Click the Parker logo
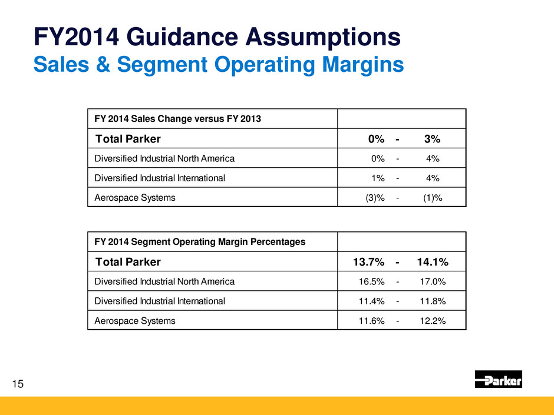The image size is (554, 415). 498,380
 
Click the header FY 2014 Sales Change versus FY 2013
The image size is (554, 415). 178,119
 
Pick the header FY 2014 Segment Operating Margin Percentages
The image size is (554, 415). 200,241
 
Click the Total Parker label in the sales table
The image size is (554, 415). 128,139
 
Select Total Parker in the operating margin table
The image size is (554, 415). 128,261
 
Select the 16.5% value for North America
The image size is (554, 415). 372,281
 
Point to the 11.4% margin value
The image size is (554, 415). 372,301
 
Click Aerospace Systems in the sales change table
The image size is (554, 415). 135,198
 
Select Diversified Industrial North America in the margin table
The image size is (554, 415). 164,281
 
